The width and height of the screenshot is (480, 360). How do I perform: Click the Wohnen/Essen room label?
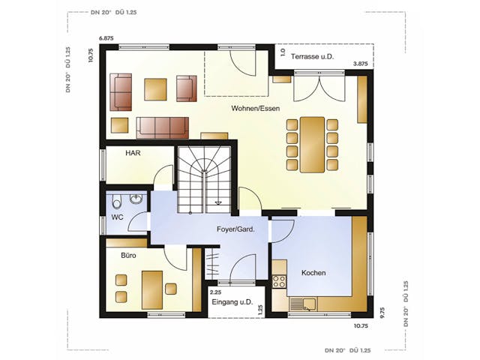click(256, 109)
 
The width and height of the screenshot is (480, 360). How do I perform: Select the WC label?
click(117, 217)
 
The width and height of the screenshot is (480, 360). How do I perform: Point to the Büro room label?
click(128, 255)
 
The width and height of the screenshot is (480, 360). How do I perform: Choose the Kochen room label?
click(313, 273)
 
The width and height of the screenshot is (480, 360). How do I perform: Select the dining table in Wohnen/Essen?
click(313, 144)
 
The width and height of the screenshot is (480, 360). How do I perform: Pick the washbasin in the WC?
click(136, 199)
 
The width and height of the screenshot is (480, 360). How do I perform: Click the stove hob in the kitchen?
click(279, 282)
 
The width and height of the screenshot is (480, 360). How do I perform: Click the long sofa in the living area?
click(162, 127)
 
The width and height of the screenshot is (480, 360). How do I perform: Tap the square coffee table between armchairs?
click(156, 88)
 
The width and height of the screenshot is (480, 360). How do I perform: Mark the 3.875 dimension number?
click(361, 64)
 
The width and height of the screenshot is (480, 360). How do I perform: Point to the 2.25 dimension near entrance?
click(215, 292)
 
